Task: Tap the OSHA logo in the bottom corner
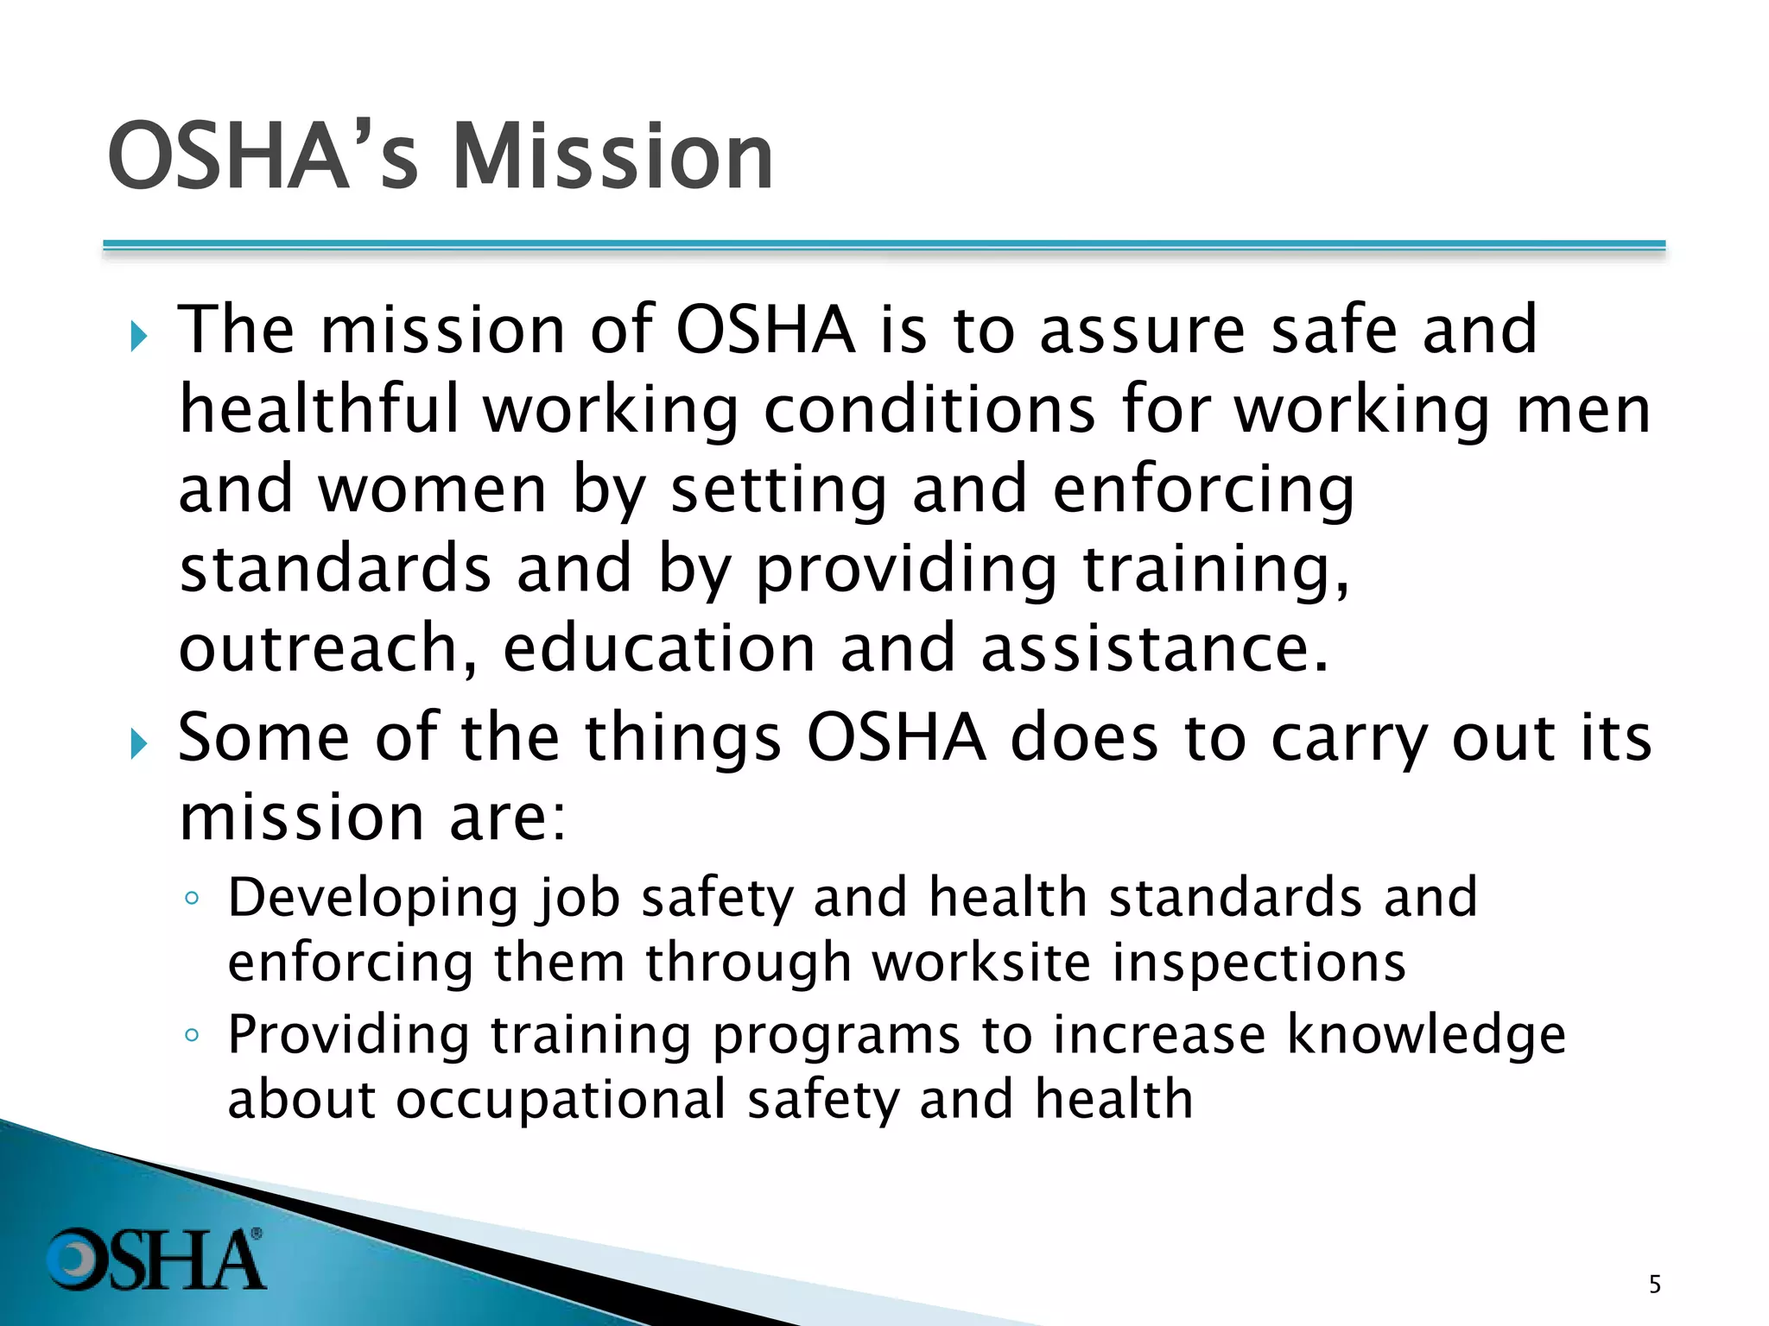click(x=156, y=1260)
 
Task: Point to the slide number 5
click(x=1654, y=1285)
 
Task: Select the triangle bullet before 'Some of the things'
click(x=139, y=743)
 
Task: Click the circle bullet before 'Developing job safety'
click(x=192, y=899)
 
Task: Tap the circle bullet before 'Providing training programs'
click(x=192, y=1035)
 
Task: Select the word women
click(x=432, y=489)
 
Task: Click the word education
click(x=659, y=648)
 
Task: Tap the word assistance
click(x=1154, y=648)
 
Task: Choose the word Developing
click(x=372, y=899)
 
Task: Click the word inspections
click(x=1259, y=963)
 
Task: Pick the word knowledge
click(x=1426, y=1035)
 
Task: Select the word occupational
click(x=561, y=1100)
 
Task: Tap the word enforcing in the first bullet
click(x=1203, y=489)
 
